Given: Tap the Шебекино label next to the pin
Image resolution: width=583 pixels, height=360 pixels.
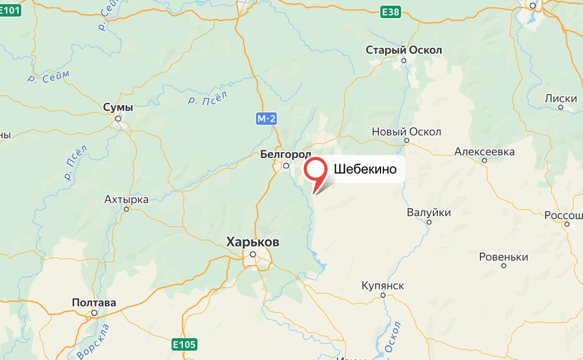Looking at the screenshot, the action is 365,169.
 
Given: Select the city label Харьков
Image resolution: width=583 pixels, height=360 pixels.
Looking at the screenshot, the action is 252,242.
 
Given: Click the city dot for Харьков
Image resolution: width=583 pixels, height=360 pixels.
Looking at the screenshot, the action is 252,255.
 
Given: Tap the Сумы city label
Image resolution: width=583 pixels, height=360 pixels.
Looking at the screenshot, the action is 118,107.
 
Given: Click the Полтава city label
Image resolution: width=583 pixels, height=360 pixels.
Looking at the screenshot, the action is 94,302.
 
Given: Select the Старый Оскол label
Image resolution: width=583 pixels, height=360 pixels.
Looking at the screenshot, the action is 404,50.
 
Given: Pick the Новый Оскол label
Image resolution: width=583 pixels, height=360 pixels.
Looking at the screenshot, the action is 406,132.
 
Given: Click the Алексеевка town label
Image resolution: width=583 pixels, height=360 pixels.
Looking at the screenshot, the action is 484,152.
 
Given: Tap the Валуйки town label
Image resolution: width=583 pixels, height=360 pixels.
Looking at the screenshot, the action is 429,212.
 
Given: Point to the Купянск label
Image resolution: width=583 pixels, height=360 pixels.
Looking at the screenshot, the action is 383,285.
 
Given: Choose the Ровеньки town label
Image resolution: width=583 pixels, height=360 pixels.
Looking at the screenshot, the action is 503,257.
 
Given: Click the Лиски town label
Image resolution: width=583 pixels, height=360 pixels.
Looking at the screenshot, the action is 561,98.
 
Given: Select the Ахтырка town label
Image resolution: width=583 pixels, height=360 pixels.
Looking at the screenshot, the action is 126,200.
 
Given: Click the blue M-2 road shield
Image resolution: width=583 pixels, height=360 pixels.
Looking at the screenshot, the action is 266,119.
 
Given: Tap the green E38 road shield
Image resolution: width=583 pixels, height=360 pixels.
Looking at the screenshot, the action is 390,12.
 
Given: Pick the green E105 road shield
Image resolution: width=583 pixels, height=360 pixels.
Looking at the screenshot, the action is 185,344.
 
